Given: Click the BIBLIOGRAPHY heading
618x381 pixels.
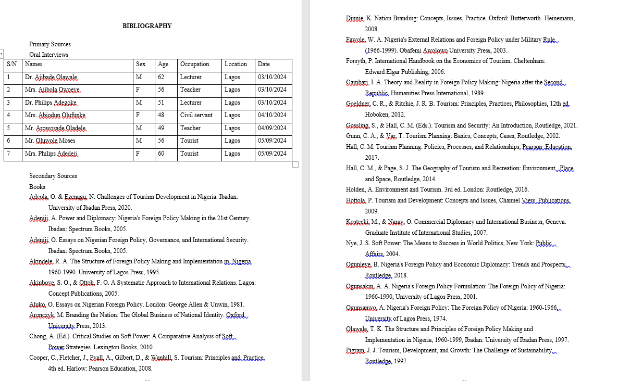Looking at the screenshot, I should click(x=147, y=26).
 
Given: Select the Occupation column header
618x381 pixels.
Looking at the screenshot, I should click(x=194, y=64).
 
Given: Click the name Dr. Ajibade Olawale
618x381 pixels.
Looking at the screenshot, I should click(x=52, y=77).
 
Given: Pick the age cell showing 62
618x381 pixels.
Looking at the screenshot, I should click(x=161, y=77).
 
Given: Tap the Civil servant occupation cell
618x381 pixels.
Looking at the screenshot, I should click(x=196, y=115).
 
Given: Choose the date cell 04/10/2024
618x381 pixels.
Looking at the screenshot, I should click(x=272, y=115).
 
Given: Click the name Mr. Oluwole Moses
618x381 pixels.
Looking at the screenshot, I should click(x=50, y=141).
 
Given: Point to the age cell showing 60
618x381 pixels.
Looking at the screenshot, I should click(x=161, y=154).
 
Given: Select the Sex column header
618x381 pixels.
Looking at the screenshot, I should click(x=141, y=64).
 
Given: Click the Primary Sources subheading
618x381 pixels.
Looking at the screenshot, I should click(x=50, y=44).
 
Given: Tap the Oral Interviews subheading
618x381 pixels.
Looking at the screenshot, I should click(x=48, y=55).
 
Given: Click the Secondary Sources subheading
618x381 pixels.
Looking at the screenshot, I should click(x=53, y=176).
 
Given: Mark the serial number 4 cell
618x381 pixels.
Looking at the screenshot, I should click(x=9, y=115).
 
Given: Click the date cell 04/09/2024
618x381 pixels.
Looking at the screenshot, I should click(x=272, y=128).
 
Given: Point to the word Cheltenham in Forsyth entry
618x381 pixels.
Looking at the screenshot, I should click(x=529, y=61).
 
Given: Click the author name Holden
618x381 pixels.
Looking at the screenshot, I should click(x=355, y=189).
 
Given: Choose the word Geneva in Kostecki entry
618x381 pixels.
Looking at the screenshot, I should click(x=555, y=222).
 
